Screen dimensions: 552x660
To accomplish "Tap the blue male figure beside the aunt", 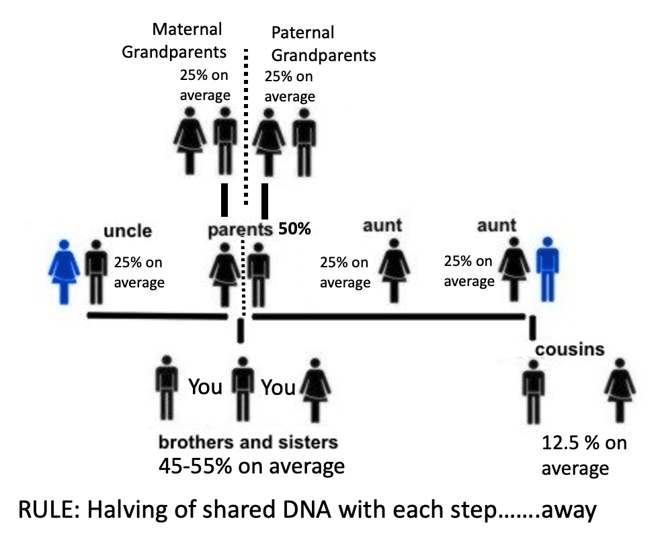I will tap(547, 269).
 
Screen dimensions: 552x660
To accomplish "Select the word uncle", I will tap(128, 232).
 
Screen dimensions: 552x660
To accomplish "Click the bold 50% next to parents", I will tap(295, 229).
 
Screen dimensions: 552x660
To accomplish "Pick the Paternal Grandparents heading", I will tap(323, 43).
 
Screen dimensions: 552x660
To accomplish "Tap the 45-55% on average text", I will tap(251, 465).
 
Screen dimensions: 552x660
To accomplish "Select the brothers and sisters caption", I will tap(247, 443).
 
